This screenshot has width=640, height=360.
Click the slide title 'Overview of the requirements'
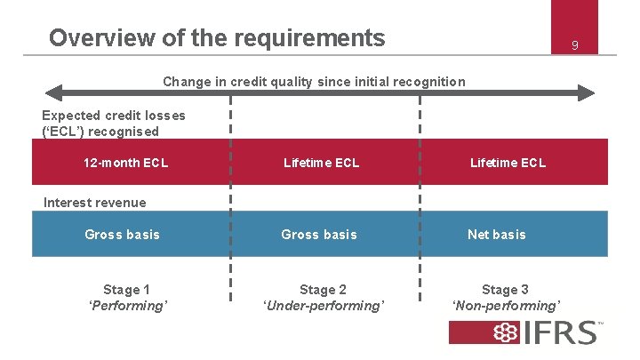point(217,38)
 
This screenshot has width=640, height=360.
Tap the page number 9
point(575,44)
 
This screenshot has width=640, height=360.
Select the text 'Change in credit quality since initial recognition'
point(314,82)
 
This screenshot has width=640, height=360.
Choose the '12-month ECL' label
point(125,163)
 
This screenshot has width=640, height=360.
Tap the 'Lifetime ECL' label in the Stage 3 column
point(508,163)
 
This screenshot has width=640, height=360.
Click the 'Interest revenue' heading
point(94,203)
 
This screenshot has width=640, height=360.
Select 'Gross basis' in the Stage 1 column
point(122,235)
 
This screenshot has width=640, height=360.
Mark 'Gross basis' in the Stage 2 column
point(319,235)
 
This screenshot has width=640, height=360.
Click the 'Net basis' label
point(497,235)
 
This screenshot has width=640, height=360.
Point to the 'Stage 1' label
point(126,290)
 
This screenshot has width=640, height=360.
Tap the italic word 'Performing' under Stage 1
point(128,306)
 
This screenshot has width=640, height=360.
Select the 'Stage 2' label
point(323,290)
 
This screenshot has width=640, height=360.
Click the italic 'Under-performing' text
point(324,306)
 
